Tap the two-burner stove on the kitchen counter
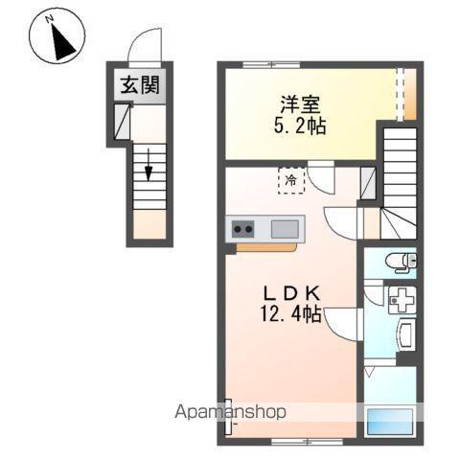pos(243,229)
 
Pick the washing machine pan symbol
pos(401,300)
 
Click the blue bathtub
pos(392,421)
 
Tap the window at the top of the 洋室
pos(269,65)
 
